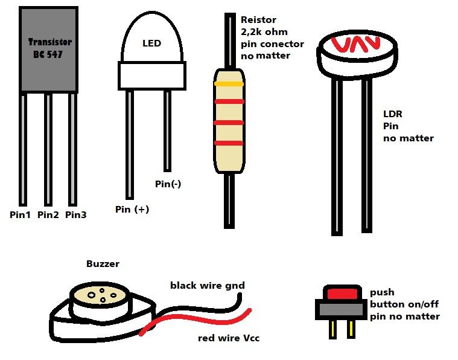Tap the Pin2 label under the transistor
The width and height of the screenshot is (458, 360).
coord(48,214)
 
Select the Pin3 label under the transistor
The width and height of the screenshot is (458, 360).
coord(76,214)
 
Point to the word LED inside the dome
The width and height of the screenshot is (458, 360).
coord(151,43)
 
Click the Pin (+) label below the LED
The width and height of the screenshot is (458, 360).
coord(132,210)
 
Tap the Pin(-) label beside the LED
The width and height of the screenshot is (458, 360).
coord(168,184)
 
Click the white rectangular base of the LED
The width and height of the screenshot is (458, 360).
coord(151,76)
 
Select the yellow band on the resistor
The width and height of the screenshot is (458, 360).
coord(229,85)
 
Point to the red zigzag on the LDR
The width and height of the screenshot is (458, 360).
coord(357,44)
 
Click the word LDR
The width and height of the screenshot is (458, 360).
coord(393,114)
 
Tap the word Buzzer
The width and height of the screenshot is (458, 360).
coord(103,264)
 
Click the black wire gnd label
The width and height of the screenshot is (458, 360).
coord(207,286)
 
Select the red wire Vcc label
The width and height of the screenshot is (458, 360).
coord(229,338)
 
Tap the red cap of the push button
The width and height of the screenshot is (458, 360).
coord(342,294)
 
